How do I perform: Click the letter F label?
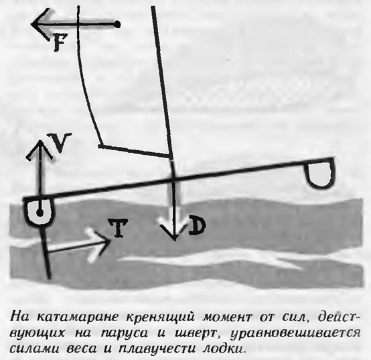click(59, 42)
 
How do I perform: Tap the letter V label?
click(60, 143)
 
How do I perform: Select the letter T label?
click(118, 228)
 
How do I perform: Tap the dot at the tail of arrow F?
click(117, 24)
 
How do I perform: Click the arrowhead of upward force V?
click(40, 149)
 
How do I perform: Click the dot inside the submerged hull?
click(40, 213)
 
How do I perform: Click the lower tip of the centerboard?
click(49, 277)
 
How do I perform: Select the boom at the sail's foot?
click(135, 151)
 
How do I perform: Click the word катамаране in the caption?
click(77, 317)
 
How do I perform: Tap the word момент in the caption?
click(226, 317)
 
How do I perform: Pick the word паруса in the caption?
click(125, 334)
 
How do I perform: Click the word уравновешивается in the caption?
click(295, 334)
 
